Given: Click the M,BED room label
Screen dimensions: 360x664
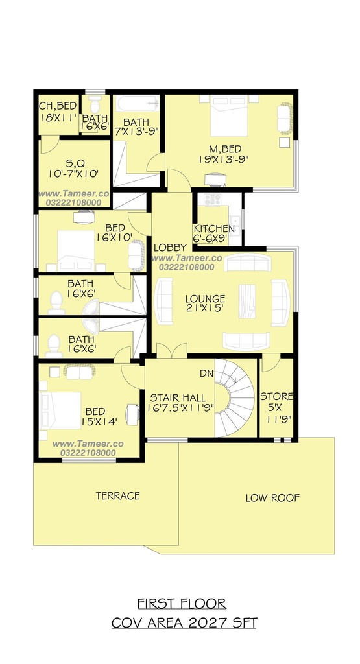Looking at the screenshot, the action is point(225,149).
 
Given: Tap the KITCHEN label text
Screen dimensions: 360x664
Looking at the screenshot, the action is point(214,229).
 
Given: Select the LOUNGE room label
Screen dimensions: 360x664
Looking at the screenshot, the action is point(205,298).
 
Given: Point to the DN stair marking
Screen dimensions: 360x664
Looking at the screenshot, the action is point(207,374).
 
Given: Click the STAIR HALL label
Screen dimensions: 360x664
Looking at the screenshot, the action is point(178,397).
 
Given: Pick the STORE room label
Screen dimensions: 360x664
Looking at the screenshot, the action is point(276,397).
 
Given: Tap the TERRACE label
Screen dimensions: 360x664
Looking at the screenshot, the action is point(118,495).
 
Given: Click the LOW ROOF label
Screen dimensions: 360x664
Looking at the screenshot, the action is point(272,498).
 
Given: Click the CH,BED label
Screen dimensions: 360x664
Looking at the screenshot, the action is point(58,106).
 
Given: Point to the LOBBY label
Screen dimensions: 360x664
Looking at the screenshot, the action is point(170,248).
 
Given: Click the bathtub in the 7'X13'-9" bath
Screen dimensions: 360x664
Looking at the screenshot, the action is point(138,103).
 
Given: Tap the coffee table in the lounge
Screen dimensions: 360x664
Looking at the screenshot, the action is point(247,301).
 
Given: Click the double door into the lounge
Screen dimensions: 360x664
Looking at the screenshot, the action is point(172,350).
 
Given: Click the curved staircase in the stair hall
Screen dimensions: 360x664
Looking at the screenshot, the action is point(235,398).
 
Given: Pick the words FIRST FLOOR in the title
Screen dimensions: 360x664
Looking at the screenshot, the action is point(181,603).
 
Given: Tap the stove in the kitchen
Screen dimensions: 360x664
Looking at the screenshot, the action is point(212,200).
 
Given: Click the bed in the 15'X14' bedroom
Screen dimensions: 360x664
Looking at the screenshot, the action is point(60,410).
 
